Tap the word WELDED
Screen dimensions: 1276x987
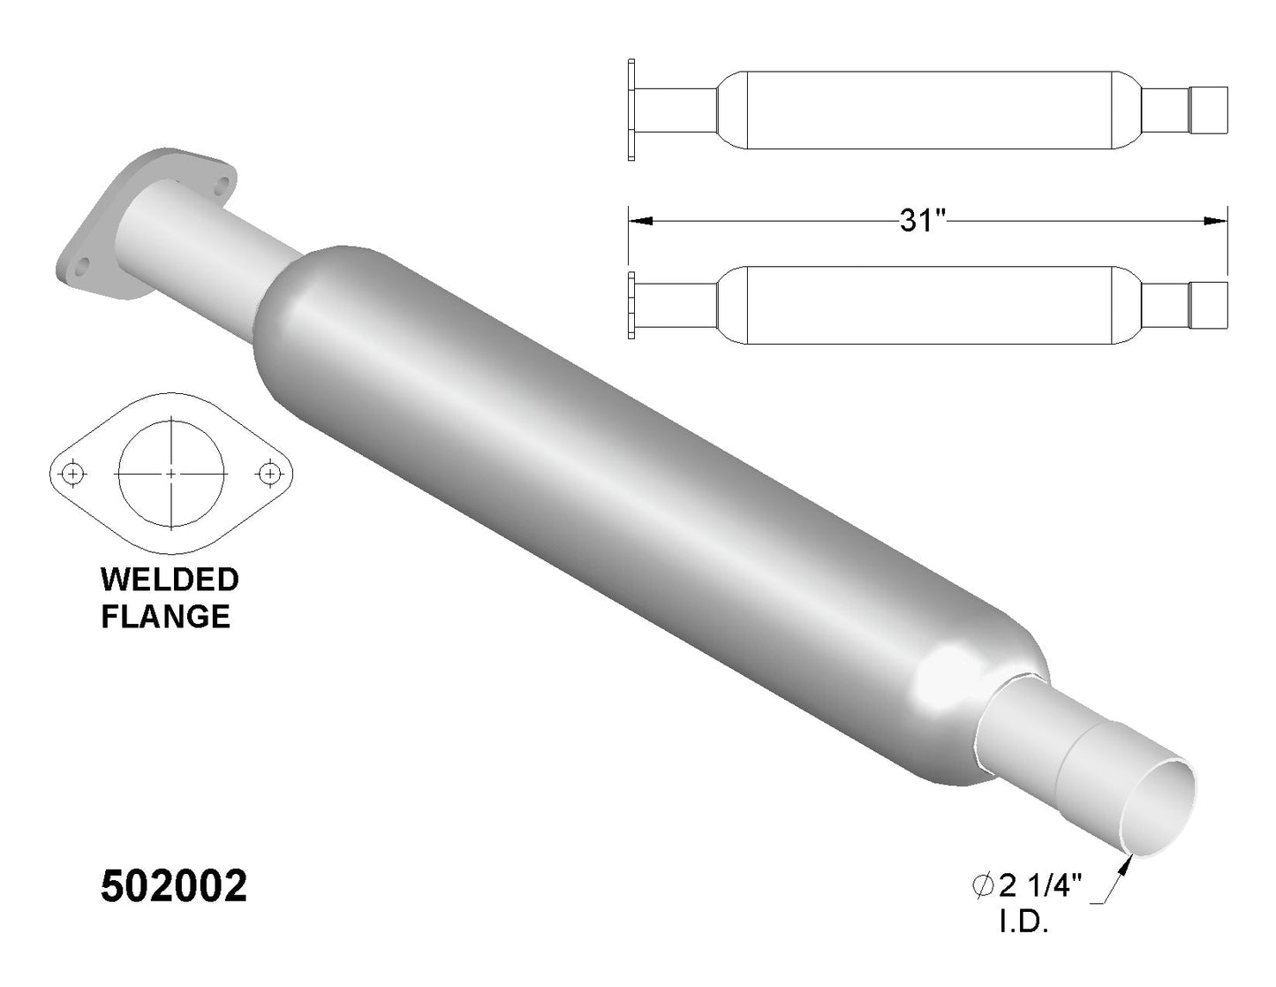170,580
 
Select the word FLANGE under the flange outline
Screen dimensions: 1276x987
166,617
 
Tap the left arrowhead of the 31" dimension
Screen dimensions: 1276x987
641,221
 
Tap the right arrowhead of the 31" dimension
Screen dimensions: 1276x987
1215,221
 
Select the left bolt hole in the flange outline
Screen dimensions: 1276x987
73,473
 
